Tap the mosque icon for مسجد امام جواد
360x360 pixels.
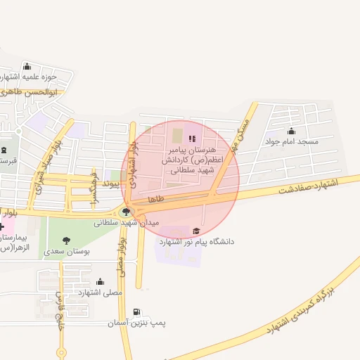pos(291,131)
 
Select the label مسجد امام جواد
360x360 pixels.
pos(291,142)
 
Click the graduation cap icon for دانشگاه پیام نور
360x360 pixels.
pos(195,231)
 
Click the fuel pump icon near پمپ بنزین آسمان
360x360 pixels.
pos(136,311)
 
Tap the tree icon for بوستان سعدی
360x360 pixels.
pos(66,240)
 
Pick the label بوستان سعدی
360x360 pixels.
pos(65,251)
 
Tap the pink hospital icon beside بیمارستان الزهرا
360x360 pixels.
pos(2,226)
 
